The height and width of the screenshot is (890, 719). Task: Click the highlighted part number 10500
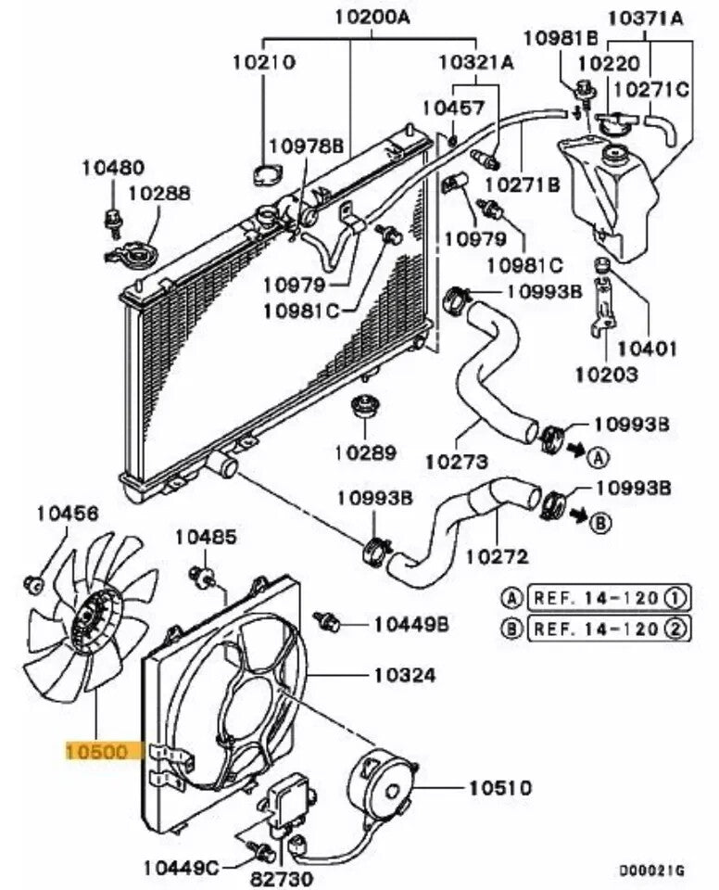pyautogui.click(x=96, y=751)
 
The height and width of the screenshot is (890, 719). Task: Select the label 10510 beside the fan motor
pyautogui.click(x=500, y=788)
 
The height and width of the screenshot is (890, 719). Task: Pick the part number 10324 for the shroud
pyautogui.click(x=405, y=675)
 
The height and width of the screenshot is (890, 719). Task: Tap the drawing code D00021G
pyautogui.click(x=652, y=869)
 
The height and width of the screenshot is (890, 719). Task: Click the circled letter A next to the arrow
pyautogui.click(x=599, y=456)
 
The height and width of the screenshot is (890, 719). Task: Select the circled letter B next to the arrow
pyautogui.click(x=600, y=524)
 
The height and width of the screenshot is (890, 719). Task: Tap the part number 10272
pyautogui.click(x=497, y=556)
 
